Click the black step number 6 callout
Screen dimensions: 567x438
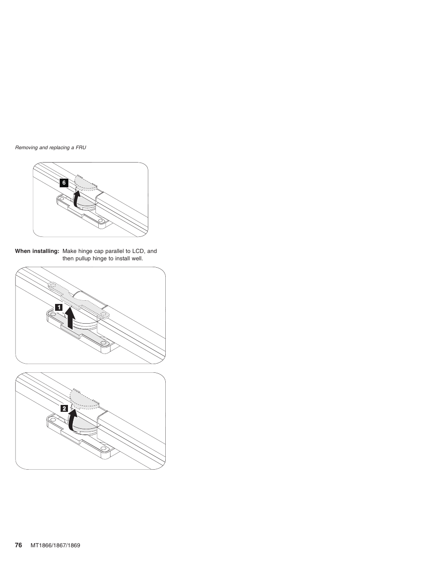click(64, 183)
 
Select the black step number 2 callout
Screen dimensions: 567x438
click(64, 408)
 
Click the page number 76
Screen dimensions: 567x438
click(18, 545)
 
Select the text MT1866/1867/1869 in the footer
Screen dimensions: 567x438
click(55, 545)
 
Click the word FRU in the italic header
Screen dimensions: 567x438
click(81, 147)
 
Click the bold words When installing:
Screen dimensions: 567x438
click(37, 251)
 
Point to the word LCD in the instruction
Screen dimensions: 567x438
click(138, 251)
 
